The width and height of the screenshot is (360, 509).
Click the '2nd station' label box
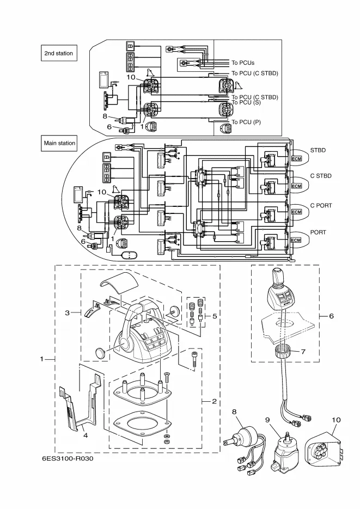pos(59,53)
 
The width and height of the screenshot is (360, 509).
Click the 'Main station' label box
pos(60,143)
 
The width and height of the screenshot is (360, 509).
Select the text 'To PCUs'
pos(243,63)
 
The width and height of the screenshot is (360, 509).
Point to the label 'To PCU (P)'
pos(246,122)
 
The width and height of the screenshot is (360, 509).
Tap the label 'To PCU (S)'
pos(246,102)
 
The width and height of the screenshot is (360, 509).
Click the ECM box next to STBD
pos(296,158)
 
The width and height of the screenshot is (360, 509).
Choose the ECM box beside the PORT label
pos(296,240)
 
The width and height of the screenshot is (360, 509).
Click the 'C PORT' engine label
pos(321,205)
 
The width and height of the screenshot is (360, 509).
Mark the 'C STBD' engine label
pos(321,176)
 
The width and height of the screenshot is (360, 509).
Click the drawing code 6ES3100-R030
pos(67,458)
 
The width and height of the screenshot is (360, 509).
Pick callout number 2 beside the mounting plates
pos(214,401)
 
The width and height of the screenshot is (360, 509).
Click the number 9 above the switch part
pos(268,420)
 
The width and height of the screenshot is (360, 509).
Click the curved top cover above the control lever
pos(119,283)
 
